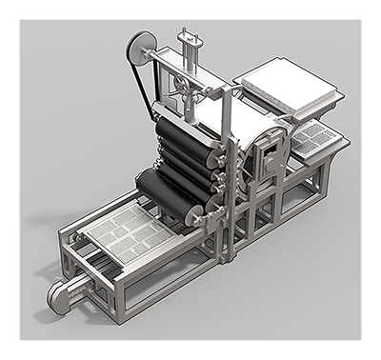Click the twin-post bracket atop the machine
point(190,43)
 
